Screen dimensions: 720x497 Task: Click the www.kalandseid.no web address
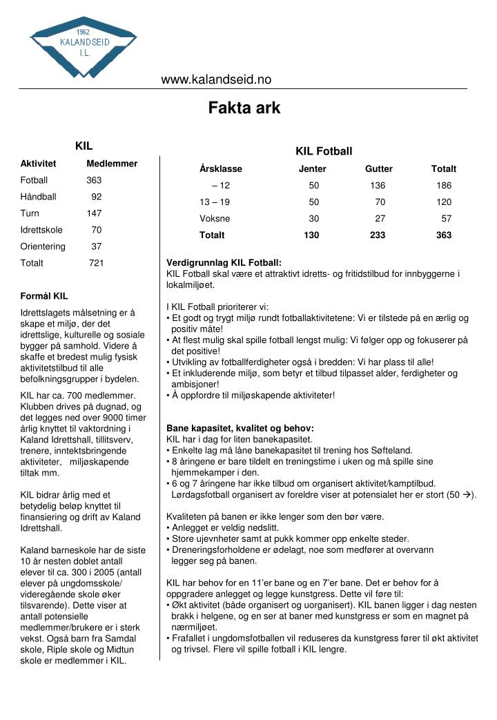click(x=216, y=79)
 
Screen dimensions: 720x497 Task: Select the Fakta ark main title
click(x=244, y=108)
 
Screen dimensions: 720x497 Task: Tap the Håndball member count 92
click(x=97, y=197)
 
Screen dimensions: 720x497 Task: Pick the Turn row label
click(x=30, y=213)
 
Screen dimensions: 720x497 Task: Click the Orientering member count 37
click(x=97, y=246)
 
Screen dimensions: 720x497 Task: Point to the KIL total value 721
click(x=97, y=263)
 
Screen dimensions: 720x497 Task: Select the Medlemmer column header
click(x=112, y=164)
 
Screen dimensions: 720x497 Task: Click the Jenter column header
click(x=312, y=168)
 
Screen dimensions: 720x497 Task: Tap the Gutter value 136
click(x=378, y=186)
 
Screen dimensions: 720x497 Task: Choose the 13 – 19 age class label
click(x=215, y=202)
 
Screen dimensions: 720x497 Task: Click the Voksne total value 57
click(x=447, y=219)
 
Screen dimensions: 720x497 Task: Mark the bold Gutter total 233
click(x=378, y=235)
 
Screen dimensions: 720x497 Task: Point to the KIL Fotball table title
click(x=324, y=151)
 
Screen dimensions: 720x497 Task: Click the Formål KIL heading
click(x=44, y=296)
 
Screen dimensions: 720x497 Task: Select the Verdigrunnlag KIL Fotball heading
click(x=224, y=263)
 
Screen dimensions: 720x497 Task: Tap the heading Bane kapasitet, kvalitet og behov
click(x=240, y=429)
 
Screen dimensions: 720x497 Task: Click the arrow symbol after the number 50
click(x=467, y=495)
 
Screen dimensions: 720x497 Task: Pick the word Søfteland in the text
click(x=391, y=451)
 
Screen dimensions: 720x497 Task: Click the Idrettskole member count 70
click(x=97, y=230)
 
